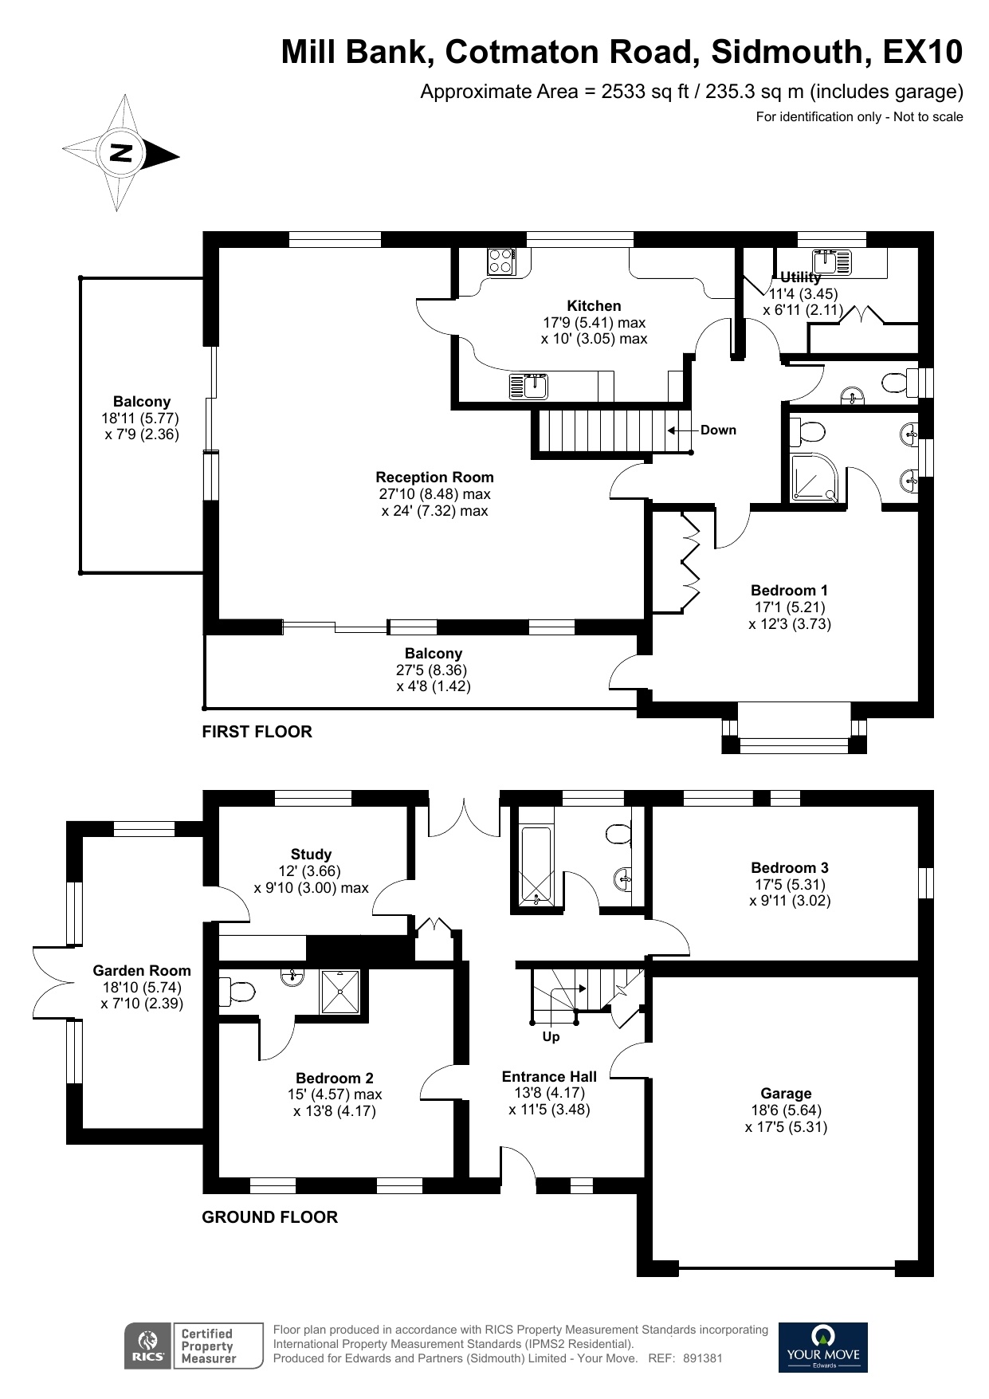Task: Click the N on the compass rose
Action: tap(120, 153)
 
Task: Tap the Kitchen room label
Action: tap(594, 306)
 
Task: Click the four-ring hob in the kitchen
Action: tap(501, 261)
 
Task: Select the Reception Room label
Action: tap(434, 477)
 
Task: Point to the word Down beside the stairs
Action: tap(718, 430)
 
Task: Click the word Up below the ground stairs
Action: tap(551, 1037)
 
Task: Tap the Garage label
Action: tap(786, 1094)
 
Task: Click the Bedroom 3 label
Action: tap(789, 868)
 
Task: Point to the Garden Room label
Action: tap(142, 971)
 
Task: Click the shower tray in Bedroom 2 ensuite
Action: tap(340, 992)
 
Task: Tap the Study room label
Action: tap(311, 855)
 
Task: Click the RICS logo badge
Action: tap(147, 1346)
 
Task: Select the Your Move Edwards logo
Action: tap(822, 1347)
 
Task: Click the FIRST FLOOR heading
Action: tap(257, 732)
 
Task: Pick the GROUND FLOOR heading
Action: tap(269, 1217)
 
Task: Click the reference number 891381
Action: tap(702, 1358)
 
